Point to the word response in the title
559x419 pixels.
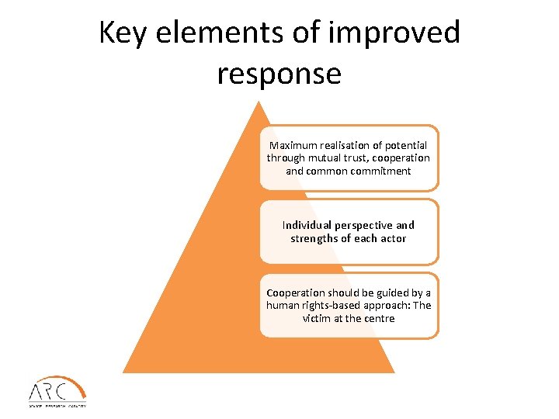[x=279, y=74]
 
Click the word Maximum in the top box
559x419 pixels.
[x=293, y=145]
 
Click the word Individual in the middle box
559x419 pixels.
[x=307, y=225]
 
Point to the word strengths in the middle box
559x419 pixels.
[x=315, y=238]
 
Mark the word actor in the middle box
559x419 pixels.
[x=392, y=238]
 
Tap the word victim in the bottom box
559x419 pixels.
[x=316, y=318]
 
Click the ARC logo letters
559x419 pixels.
[x=47, y=390]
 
